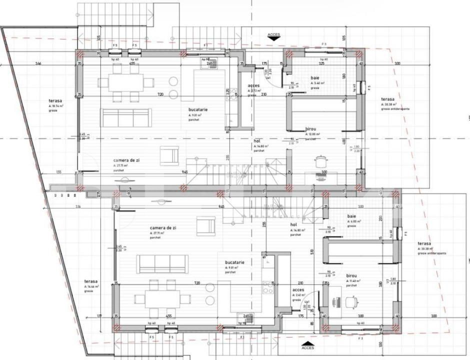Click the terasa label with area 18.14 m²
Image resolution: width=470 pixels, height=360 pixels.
coord(54,101)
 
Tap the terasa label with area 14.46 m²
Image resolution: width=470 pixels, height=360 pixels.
coord(90,282)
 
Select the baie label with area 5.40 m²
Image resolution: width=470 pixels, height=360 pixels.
coord(315,78)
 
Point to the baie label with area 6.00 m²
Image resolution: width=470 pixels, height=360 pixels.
coord(351,216)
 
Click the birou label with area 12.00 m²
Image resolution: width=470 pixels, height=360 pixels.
coord(311,129)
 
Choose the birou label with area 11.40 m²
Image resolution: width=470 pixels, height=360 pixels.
coord(351,275)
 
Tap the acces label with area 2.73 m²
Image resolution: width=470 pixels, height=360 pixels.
coord(253,86)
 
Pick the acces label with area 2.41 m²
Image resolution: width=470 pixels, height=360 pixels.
coord(298,290)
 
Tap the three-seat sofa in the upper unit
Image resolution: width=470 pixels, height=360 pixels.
coord(126,118)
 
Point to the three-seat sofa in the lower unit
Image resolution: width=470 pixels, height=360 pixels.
coord(162,263)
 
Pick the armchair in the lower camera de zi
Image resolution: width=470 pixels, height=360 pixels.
coord(205,226)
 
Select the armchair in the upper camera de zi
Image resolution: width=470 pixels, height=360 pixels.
coord(169,155)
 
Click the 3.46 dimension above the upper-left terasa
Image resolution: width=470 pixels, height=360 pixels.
coord(38,63)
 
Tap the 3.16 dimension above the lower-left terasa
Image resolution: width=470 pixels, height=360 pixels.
coord(78,206)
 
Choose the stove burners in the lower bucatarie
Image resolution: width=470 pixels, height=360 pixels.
coord(269,286)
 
